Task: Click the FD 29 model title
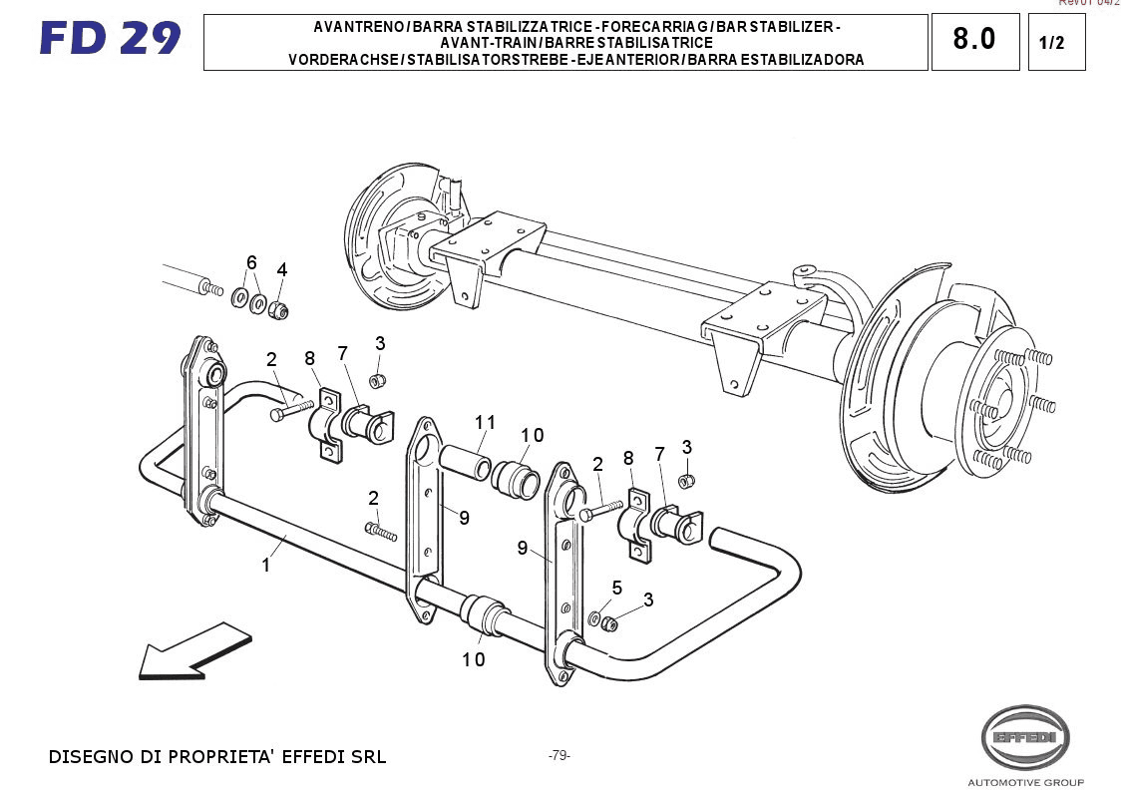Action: pyautogui.click(x=110, y=39)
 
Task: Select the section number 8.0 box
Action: pyautogui.click(x=974, y=40)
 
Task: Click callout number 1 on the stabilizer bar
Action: pyautogui.click(x=266, y=566)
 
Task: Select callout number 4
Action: pyautogui.click(x=282, y=269)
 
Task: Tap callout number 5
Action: pyautogui.click(x=617, y=589)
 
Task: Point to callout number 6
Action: pyautogui.click(x=251, y=262)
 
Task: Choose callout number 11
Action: pyautogui.click(x=486, y=423)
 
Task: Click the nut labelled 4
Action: pyautogui.click(x=279, y=310)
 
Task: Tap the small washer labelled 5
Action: pyautogui.click(x=595, y=619)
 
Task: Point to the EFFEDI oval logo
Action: pyautogui.click(x=1025, y=738)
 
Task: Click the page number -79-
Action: pyautogui.click(x=559, y=755)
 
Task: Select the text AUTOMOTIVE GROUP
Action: pyautogui.click(x=1025, y=782)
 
